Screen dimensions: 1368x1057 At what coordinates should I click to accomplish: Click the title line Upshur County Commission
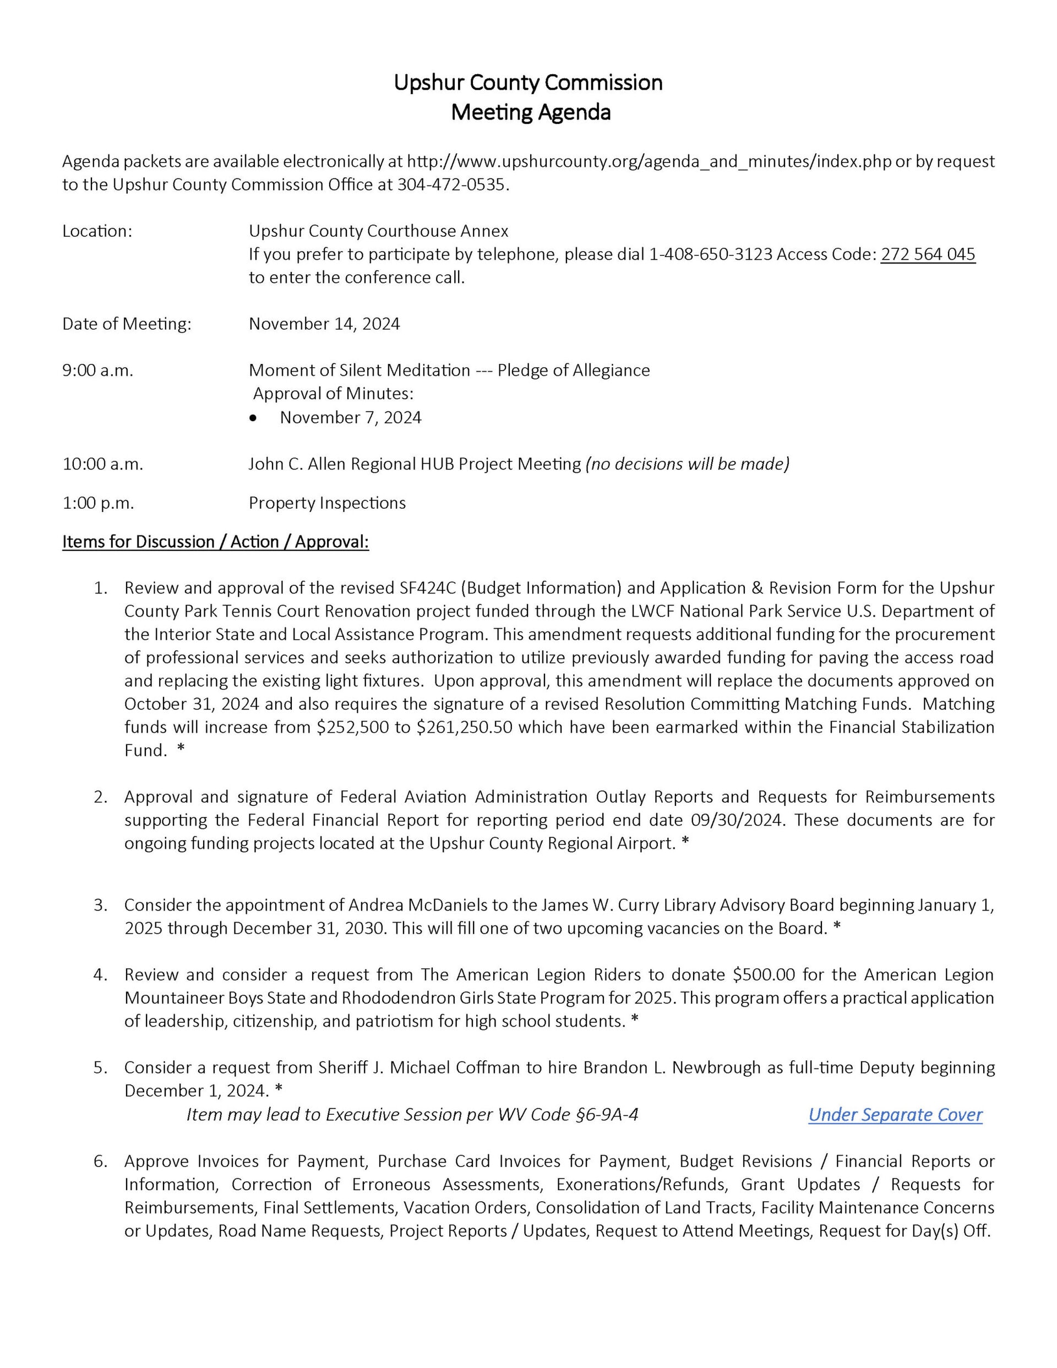tap(527, 83)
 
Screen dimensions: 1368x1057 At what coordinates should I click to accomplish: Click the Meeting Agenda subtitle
tap(530, 113)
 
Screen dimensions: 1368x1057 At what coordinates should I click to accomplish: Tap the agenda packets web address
tap(649, 162)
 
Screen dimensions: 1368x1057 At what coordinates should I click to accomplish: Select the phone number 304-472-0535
tap(450, 185)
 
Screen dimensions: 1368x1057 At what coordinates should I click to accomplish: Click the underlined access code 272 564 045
tap(927, 254)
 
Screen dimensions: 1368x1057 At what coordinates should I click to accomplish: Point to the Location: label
tap(97, 231)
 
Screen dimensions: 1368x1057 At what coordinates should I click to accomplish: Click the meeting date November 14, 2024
tap(324, 324)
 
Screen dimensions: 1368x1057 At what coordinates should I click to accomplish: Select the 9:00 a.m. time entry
tap(98, 370)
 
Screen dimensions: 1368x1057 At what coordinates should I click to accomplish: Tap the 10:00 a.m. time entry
tap(103, 464)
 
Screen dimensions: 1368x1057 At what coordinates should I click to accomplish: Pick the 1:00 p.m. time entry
tap(98, 503)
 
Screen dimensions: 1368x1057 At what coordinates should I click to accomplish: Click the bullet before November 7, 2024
tap(253, 418)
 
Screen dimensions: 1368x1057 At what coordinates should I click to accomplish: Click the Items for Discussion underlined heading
tap(216, 542)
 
